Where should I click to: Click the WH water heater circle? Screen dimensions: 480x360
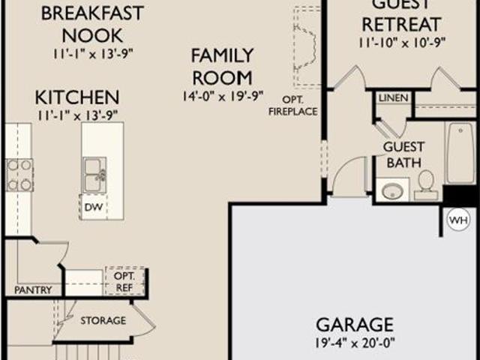[x=458, y=220]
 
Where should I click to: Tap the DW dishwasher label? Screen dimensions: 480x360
[x=93, y=207]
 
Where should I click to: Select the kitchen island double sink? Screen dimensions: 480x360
[x=94, y=175]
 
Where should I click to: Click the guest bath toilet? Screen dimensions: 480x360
[x=426, y=185]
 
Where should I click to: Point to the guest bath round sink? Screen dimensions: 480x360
[x=392, y=191]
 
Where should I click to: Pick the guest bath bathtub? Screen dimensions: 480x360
[x=460, y=153]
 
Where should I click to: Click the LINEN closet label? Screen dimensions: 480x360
[x=393, y=98]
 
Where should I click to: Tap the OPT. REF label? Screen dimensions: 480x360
[x=124, y=282]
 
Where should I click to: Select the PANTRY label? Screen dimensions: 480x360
[x=33, y=290]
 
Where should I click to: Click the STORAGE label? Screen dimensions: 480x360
[x=103, y=320]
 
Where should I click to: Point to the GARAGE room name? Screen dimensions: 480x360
[x=355, y=325]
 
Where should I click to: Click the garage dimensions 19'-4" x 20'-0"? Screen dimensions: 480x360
[x=355, y=343]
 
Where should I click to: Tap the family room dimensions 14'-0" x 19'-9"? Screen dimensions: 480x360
[x=223, y=97]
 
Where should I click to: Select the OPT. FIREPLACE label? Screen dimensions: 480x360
[x=293, y=106]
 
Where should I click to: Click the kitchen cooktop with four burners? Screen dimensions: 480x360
[x=19, y=175]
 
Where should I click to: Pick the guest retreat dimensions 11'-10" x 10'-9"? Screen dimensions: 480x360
[x=402, y=43]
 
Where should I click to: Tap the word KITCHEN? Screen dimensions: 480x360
[x=77, y=97]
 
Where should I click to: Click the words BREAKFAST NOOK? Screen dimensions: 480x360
[x=92, y=25]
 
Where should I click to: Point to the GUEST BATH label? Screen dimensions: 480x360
[x=403, y=155]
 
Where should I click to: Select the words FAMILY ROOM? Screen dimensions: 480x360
[x=223, y=67]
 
